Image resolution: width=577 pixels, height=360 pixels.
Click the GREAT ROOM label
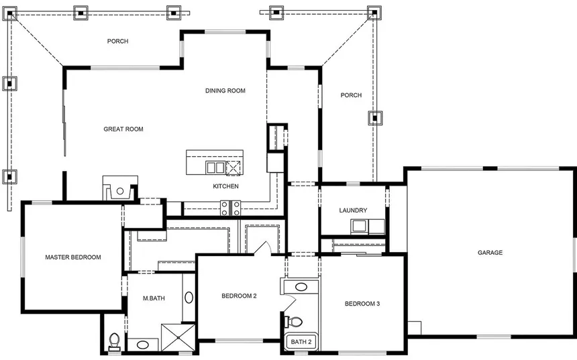[123, 129]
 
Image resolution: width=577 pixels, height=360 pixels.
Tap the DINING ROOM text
[225, 91]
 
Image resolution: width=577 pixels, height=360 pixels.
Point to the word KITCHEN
[225, 186]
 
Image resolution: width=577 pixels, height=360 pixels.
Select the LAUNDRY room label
[353, 211]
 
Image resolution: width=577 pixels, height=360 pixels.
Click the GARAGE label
[490, 253]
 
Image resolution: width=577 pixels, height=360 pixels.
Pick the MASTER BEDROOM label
[72, 257]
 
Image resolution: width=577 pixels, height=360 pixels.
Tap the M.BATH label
[154, 298]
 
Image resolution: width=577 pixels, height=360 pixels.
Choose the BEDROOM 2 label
[240, 296]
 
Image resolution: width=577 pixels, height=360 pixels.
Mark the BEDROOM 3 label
[362, 304]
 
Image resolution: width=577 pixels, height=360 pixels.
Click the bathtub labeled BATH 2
[301, 342]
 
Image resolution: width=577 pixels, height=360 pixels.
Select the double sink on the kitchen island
[215, 168]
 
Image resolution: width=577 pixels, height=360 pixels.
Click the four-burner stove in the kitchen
[230, 208]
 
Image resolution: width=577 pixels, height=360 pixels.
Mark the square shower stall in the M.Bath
[178, 338]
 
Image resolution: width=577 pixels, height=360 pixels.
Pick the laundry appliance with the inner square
[360, 226]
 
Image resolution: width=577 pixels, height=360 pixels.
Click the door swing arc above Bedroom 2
[262, 248]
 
